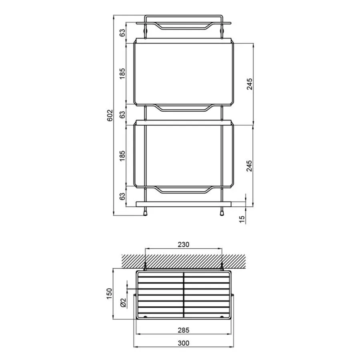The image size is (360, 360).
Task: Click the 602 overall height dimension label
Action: coord(110,115)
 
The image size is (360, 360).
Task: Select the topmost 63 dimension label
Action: coord(123,33)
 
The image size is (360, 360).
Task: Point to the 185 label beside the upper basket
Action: coord(123,74)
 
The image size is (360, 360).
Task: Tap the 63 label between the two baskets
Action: coord(123,114)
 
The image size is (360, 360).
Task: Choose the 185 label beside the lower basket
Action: coord(123,156)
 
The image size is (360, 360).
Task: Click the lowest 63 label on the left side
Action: coord(123,196)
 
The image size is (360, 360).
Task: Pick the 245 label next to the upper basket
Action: coord(249,84)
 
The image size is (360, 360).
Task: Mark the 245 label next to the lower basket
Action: coord(249,166)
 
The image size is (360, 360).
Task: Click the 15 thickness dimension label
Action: coord(242,219)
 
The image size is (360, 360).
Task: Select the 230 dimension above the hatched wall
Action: coord(184,244)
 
